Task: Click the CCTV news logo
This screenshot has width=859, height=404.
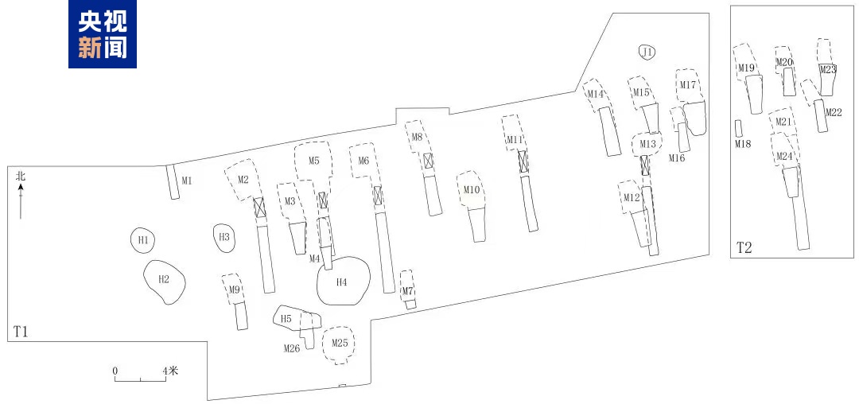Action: click(103, 34)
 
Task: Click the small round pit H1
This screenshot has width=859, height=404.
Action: click(143, 239)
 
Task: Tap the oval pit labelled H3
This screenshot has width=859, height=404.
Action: click(224, 237)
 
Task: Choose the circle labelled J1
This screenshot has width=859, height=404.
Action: click(647, 52)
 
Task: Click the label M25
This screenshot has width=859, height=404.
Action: click(340, 343)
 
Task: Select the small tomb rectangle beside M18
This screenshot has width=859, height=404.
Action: click(739, 128)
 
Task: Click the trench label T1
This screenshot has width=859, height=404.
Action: click(21, 331)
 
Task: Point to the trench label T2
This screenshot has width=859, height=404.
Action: click(744, 247)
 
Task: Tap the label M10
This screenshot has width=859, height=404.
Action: click(472, 190)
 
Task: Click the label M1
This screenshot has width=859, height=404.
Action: click(187, 181)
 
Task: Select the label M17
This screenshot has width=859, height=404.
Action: click(688, 85)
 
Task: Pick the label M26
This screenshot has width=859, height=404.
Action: click(291, 348)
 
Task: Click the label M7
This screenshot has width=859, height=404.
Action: click(407, 291)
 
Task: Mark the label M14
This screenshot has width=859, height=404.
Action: click(596, 95)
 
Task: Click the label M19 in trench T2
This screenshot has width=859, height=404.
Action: click(746, 68)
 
